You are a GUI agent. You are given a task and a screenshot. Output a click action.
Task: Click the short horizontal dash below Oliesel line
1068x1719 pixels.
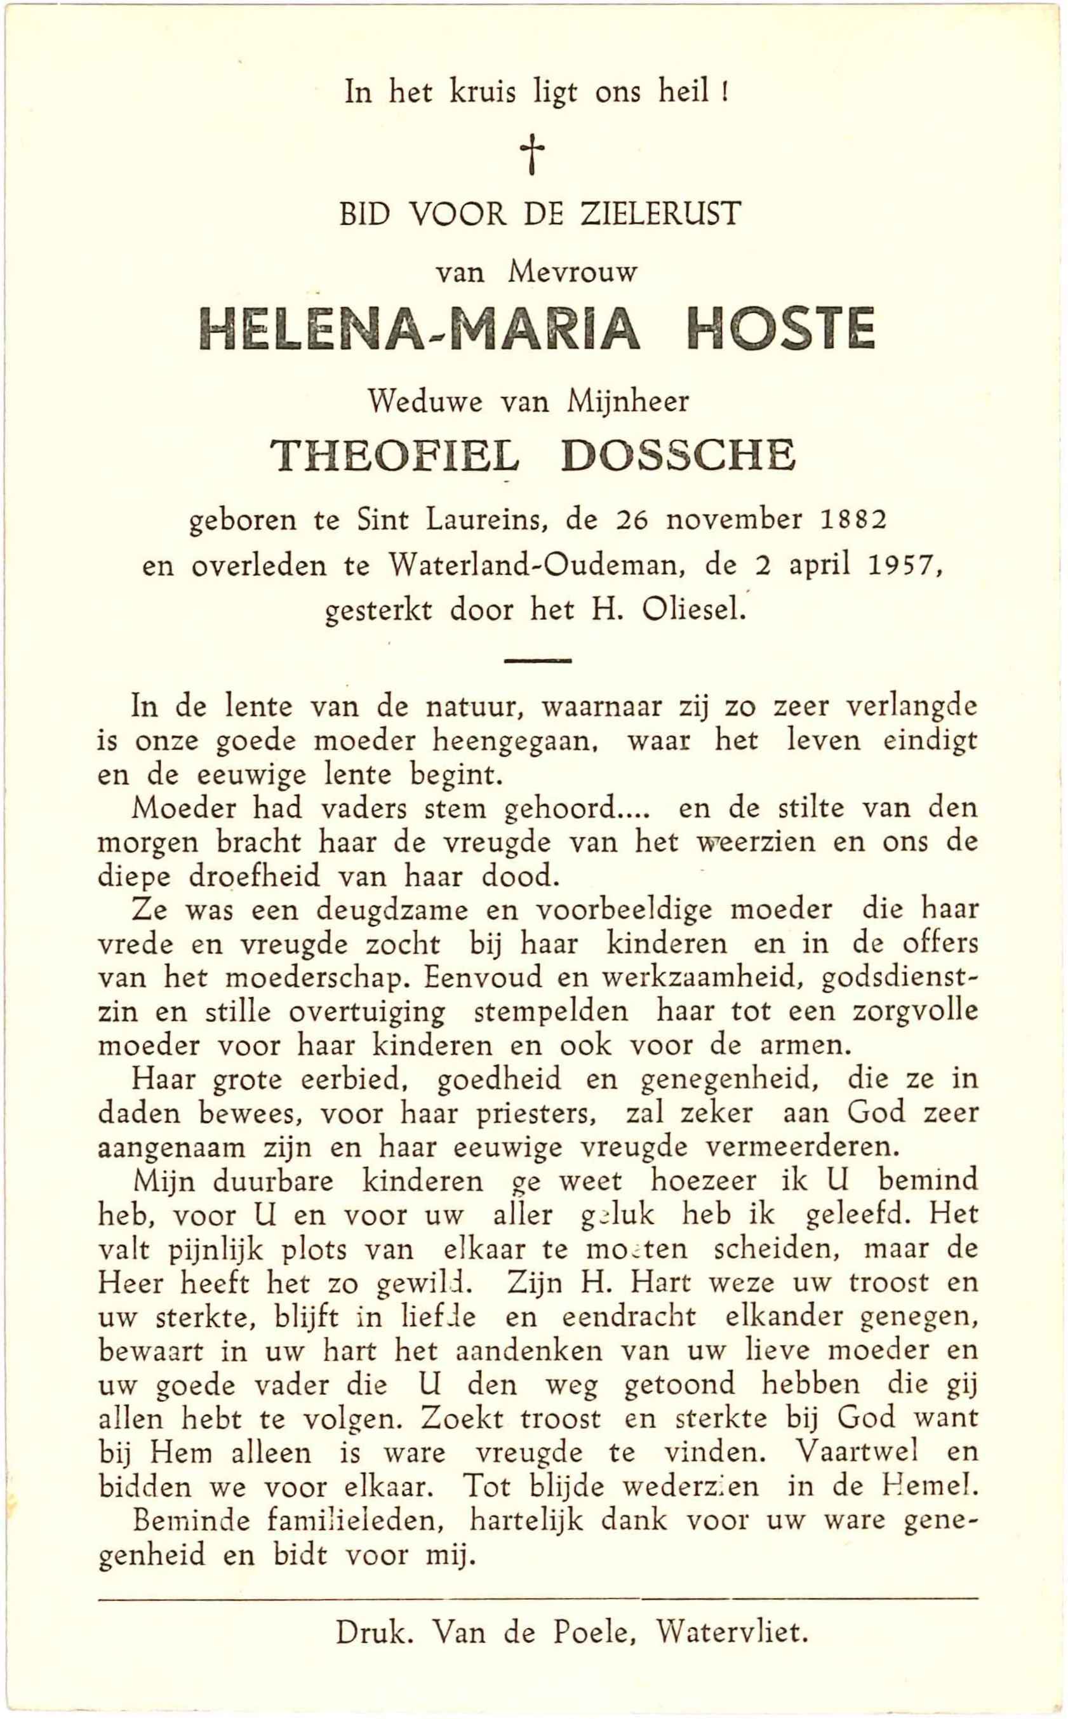538,661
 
